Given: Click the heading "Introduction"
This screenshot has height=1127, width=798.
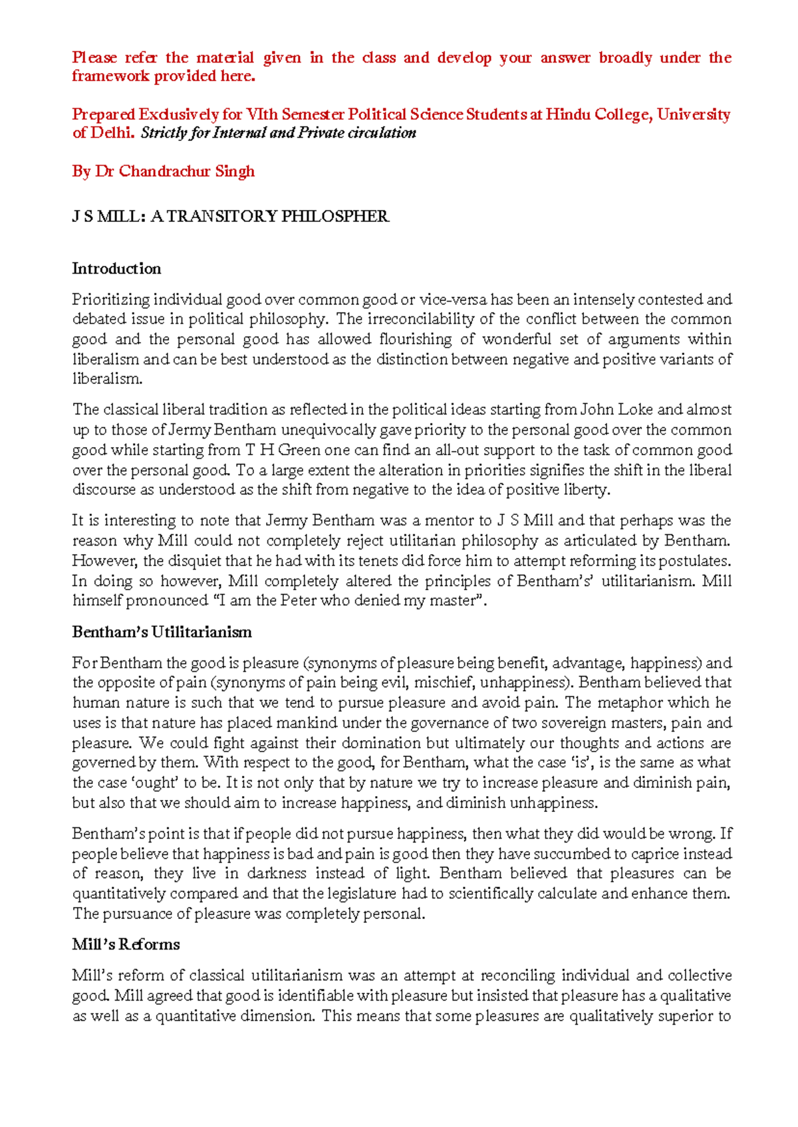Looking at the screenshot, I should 116,268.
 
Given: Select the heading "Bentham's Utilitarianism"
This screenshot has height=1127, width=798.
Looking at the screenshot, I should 162,632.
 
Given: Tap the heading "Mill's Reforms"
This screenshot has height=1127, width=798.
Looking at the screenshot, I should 126,944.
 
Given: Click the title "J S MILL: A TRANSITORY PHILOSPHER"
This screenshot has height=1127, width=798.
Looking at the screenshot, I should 230,217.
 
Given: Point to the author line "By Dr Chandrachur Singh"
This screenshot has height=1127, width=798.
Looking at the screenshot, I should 163,171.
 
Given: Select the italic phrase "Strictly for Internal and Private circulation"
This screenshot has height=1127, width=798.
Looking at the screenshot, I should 278,133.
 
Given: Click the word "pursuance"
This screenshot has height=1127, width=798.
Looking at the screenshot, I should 138,914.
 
